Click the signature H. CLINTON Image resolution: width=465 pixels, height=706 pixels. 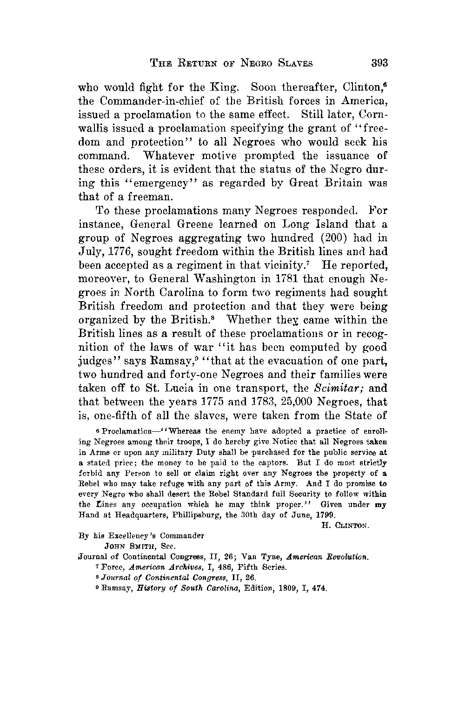(345, 526)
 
